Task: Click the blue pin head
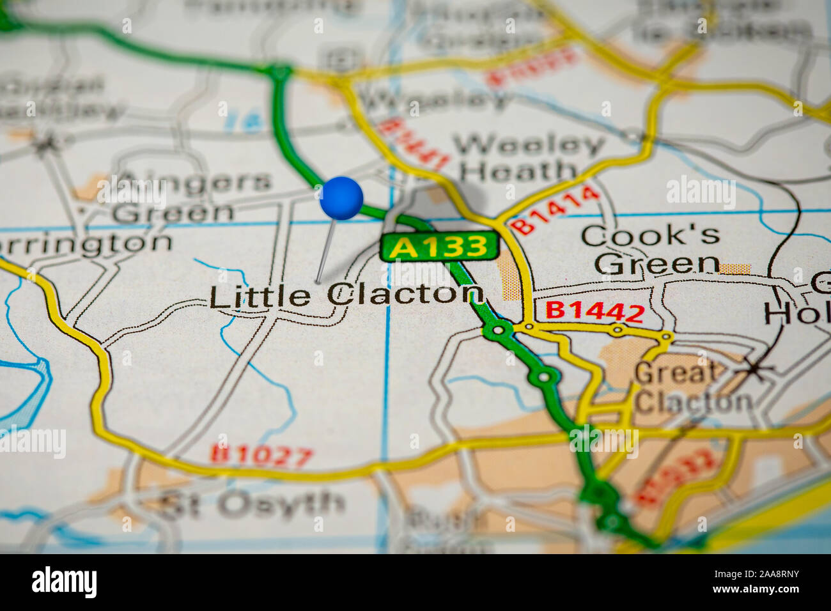(341, 198)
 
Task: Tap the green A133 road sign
(439, 247)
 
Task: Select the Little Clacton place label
(346, 295)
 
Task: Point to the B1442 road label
(594, 311)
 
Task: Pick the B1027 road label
(262, 455)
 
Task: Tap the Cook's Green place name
(651, 249)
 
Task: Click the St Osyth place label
(253, 505)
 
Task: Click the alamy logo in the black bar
(65, 582)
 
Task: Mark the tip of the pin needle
(318, 281)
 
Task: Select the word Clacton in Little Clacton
(405, 294)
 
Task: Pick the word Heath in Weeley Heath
(519, 171)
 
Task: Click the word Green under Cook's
(661, 263)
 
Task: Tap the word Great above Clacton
(676, 373)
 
